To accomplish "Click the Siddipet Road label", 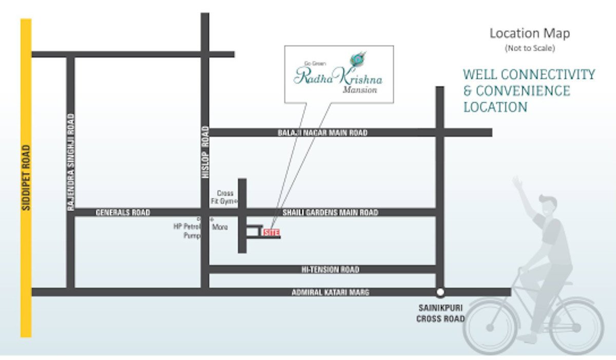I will [x=26, y=178].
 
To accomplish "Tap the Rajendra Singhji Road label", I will [x=71, y=162].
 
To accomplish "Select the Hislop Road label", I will [x=205, y=152].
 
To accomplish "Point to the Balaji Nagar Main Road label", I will [x=322, y=133].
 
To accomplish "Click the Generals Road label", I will [x=123, y=212].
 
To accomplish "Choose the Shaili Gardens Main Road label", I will [x=330, y=212].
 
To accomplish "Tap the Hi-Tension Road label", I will [x=330, y=270].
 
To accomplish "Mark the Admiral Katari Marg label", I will [x=330, y=292].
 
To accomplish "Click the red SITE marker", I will [x=271, y=233].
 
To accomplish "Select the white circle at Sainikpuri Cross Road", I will [x=440, y=293].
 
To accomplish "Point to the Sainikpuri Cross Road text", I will [x=440, y=313].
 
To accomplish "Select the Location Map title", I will [x=529, y=33].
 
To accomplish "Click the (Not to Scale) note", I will [x=529, y=48].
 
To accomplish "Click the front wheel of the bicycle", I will [x=490, y=327].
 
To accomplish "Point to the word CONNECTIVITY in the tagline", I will [x=548, y=74].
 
